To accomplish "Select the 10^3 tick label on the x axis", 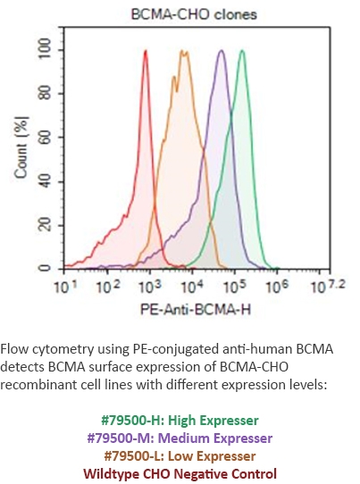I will pos(150,288).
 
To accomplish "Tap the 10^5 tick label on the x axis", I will pos(235,288).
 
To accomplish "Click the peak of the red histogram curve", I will pos(145,52).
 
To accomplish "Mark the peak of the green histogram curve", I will pos(242,52).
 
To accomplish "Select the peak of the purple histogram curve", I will pos(221,52).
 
